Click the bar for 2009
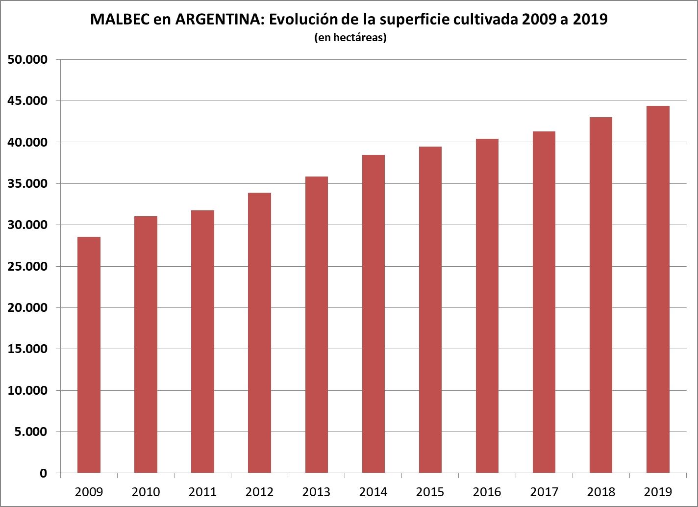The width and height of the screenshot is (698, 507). [89, 355]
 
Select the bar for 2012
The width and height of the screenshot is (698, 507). [259, 333]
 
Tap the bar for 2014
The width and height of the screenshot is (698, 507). [373, 314]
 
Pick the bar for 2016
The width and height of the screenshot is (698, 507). [487, 306]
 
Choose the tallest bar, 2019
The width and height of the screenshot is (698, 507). [658, 289]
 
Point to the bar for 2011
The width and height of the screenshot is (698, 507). [202, 342]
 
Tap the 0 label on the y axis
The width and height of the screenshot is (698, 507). [43, 474]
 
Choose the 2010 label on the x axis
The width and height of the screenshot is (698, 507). [146, 492]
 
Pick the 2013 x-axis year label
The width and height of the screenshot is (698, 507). [316, 492]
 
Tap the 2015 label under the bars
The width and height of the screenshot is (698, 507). [430, 492]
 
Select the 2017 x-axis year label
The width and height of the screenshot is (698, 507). [544, 492]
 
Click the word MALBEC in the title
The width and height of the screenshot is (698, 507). [119, 20]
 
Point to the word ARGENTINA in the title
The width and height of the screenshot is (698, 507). [217, 20]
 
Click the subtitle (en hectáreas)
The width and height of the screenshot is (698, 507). [350, 38]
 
